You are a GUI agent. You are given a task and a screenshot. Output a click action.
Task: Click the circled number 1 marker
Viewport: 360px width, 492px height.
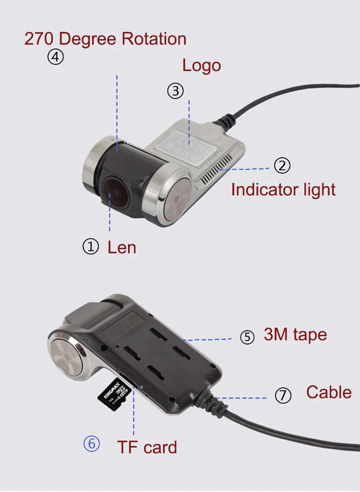point(90,246)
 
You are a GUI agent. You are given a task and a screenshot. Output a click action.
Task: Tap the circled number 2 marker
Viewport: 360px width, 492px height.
point(282,166)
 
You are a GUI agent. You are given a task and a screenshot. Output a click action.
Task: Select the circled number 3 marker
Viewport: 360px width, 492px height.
point(175,91)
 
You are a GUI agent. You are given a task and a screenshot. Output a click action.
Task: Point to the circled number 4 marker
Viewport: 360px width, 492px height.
point(56,57)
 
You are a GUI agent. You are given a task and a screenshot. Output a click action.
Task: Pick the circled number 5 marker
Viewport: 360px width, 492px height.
point(247,337)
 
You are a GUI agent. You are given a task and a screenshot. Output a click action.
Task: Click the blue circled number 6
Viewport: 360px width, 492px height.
point(91,444)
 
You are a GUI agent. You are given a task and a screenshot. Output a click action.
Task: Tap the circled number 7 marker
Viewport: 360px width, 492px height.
point(283,395)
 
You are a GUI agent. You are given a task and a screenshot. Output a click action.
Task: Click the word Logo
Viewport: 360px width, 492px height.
point(201,66)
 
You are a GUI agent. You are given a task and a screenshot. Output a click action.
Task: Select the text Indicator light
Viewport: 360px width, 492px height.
point(283,189)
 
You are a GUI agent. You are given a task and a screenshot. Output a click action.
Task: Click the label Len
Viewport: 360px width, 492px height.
point(121,247)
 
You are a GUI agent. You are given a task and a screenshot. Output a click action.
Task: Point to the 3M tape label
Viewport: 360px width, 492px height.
point(295,335)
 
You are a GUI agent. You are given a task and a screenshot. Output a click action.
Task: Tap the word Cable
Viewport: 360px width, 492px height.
point(328,392)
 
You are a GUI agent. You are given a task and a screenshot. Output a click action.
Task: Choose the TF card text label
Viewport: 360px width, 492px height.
point(147,447)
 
